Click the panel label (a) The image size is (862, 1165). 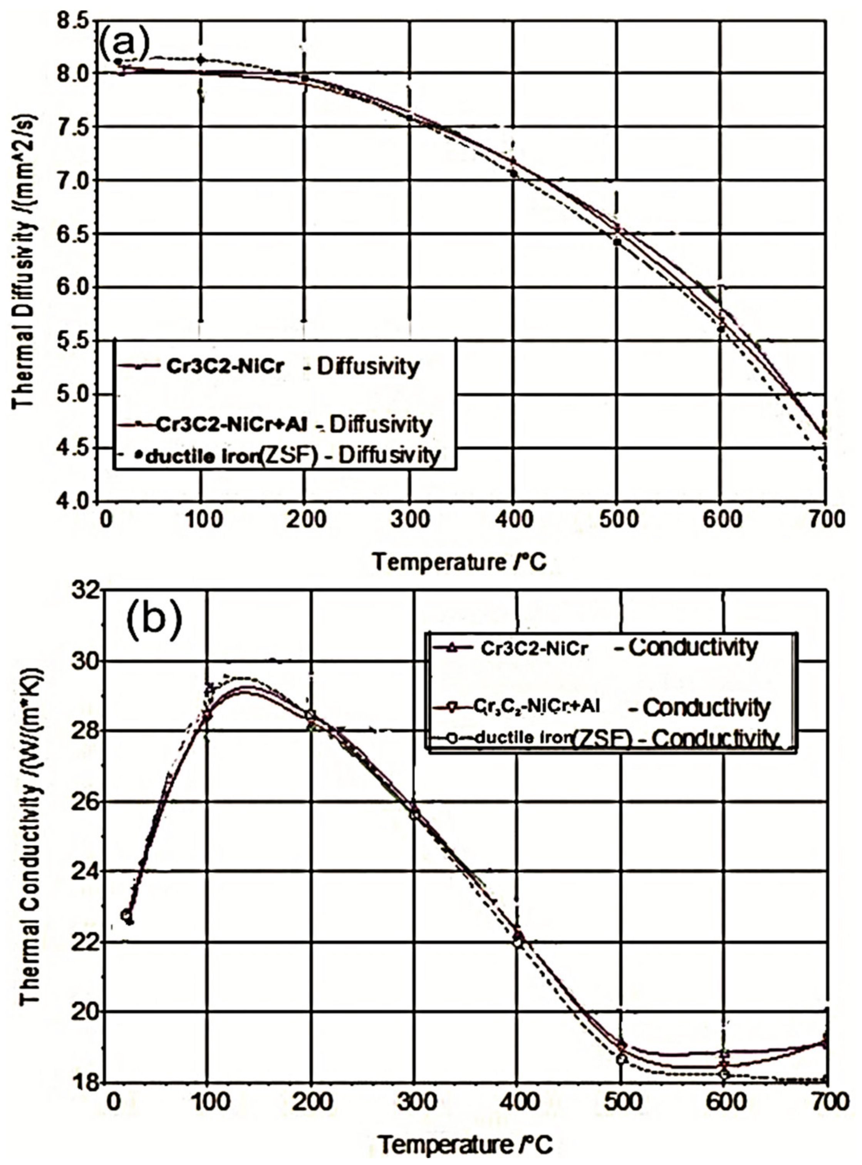[x=124, y=44]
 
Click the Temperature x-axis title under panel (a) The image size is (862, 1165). [x=459, y=562]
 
